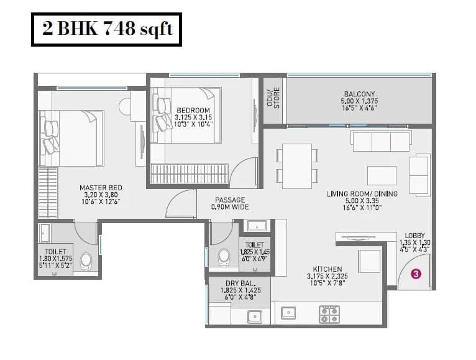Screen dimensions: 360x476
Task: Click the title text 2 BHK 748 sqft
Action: (106, 29)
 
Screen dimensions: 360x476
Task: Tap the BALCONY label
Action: (359, 93)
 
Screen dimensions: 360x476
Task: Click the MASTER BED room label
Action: (100, 188)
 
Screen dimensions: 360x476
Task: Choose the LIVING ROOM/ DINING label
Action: (362, 194)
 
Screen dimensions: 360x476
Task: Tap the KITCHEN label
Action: (327, 269)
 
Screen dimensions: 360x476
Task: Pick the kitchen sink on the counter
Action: (288, 312)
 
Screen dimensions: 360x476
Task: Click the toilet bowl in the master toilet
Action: (86, 261)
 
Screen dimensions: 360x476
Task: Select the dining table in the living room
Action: (297, 165)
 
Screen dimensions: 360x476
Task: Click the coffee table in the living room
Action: (382, 175)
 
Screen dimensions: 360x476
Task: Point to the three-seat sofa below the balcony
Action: (380, 141)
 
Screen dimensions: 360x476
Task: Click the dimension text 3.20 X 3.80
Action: (100, 195)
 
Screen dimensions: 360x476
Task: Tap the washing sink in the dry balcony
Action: (254, 316)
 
